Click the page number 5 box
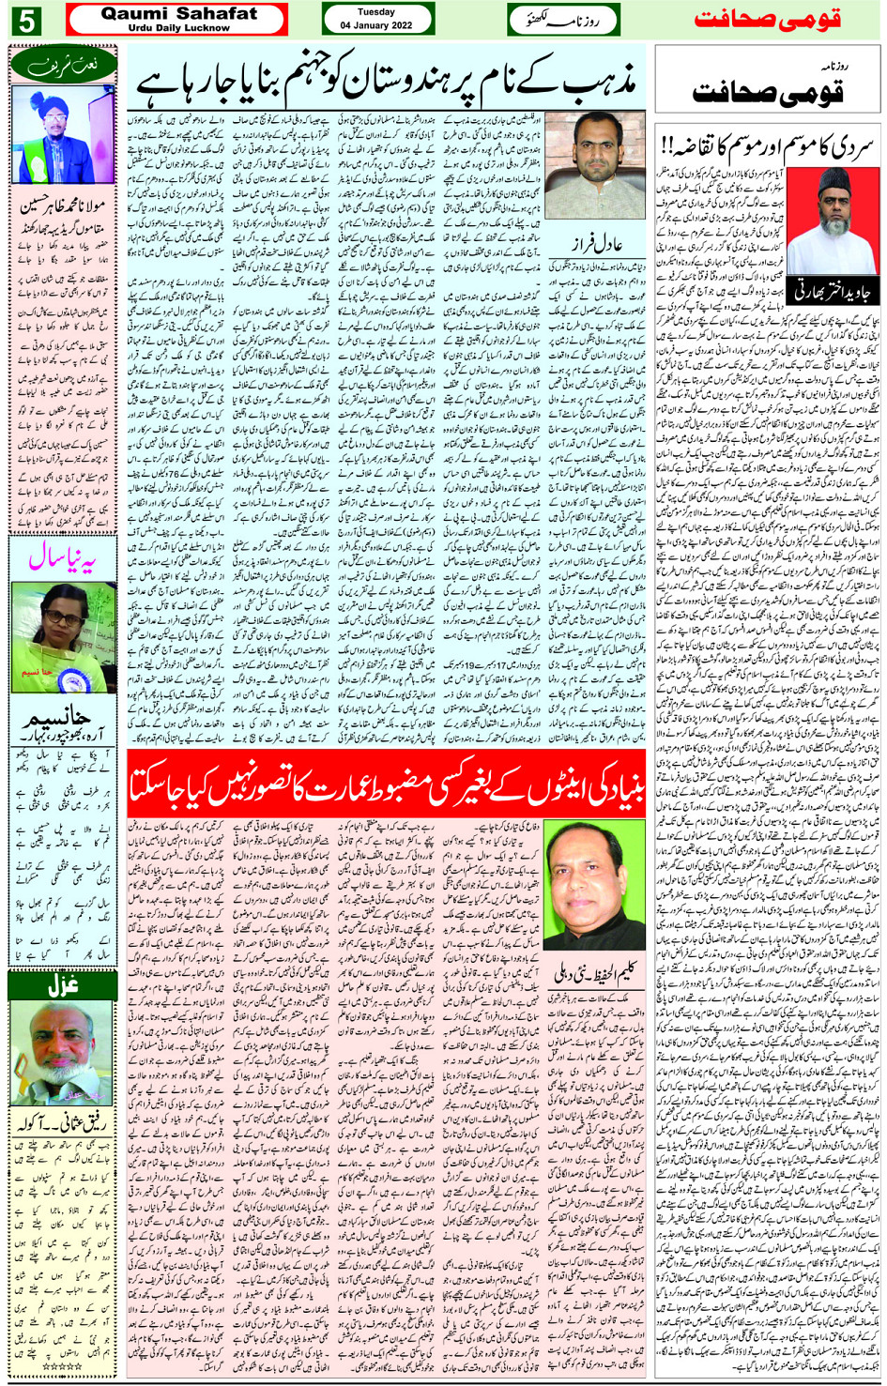tap(25, 20)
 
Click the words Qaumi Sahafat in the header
tap(178, 13)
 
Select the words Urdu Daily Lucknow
tap(178, 28)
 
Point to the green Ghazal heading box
tap(62, 986)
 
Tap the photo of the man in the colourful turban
tap(62, 133)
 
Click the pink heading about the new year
tap(62, 560)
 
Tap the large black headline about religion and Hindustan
tap(387, 84)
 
